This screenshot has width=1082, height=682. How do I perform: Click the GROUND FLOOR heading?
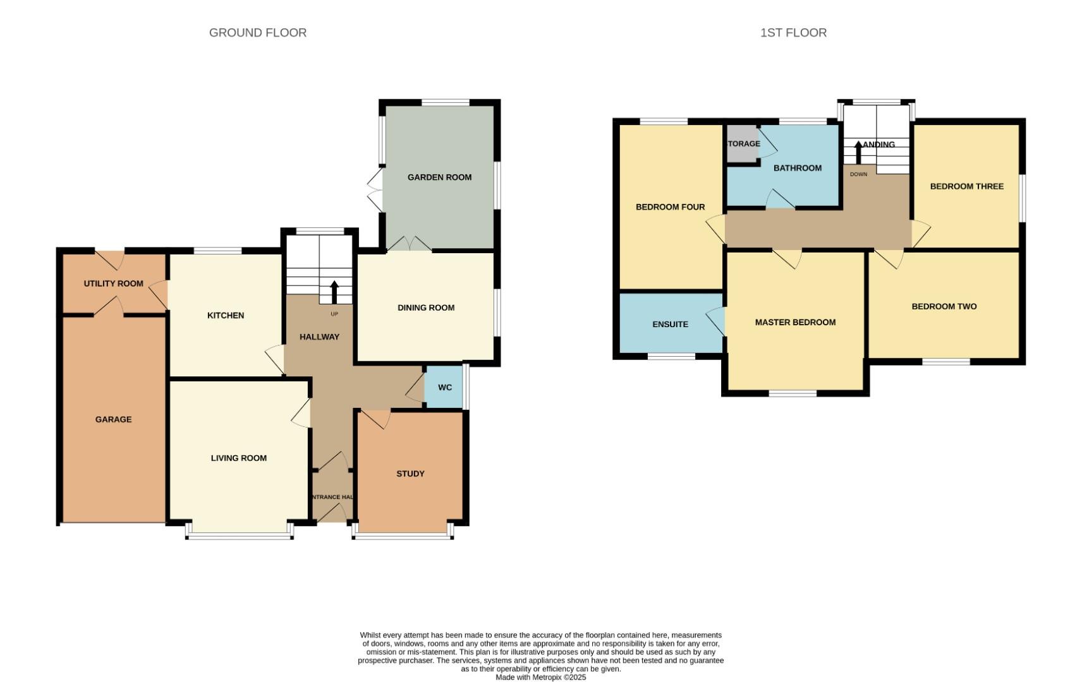pyautogui.click(x=258, y=33)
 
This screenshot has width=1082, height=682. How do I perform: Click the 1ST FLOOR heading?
pyautogui.click(x=793, y=33)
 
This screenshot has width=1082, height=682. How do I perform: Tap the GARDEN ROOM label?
pyautogui.click(x=439, y=177)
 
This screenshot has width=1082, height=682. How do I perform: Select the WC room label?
pyautogui.click(x=445, y=388)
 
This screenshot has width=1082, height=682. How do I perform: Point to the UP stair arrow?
pyautogui.click(x=334, y=292)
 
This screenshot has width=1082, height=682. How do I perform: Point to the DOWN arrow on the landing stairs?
pyautogui.click(x=858, y=152)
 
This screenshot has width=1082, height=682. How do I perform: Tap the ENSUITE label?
pyautogui.click(x=670, y=325)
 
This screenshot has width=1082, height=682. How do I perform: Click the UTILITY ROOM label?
pyautogui.click(x=114, y=284)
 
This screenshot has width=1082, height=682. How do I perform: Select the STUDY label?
pyautogui.click(x=410, y=474)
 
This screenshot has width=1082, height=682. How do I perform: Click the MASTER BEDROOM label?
pyautogui.click(x=795, y=322)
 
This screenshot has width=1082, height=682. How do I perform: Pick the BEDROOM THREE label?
pyautogui.click(x=966, y=186)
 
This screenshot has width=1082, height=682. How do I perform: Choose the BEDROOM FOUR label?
pyautogui.click(x=670, y=207)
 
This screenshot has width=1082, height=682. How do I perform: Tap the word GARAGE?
pyautogui.click(x=114, y=419)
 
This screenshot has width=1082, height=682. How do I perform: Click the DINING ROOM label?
pyautogui.click(x=426, y=308)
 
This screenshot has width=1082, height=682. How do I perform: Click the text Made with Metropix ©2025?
pyautogui.click(x=540, y=677)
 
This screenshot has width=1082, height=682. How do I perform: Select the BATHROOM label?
pyautogui.click(x=798, y=168)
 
